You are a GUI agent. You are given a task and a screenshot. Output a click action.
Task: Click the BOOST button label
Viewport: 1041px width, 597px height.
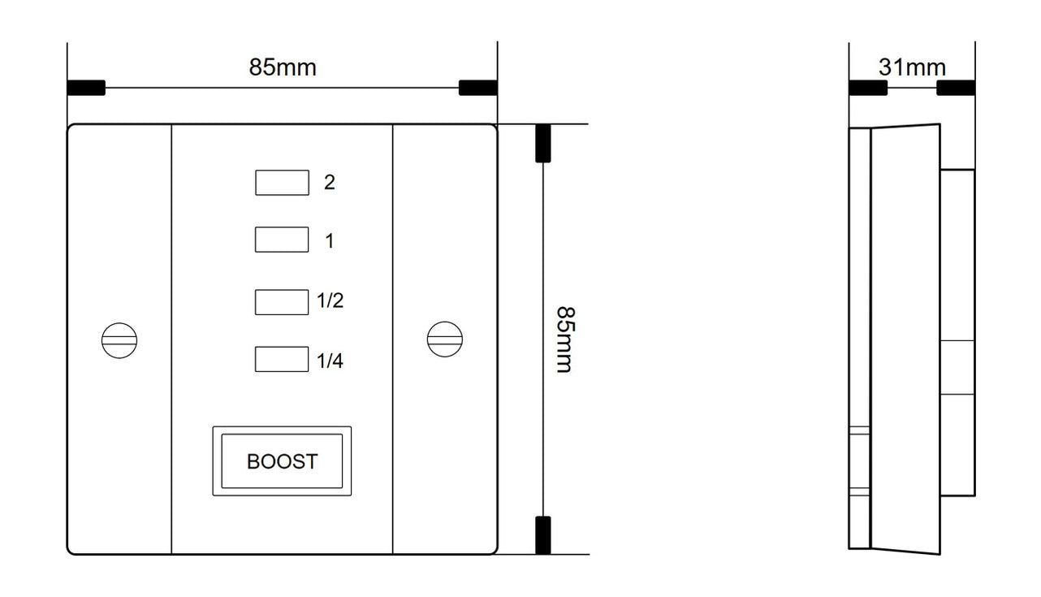(x=283, y=461)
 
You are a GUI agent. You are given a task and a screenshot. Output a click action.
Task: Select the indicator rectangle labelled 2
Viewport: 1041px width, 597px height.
(x=282, y=183)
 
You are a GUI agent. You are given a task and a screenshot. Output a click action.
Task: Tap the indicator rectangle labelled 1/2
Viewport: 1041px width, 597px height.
(x=282, y=302)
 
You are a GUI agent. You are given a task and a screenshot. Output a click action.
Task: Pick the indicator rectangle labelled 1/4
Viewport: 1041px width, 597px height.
(x=282, y=359)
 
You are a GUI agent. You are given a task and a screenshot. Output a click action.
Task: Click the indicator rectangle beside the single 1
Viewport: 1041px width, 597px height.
(x=282, y=240)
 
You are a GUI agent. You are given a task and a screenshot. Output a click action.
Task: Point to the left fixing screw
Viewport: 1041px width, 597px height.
(x=119, y=341)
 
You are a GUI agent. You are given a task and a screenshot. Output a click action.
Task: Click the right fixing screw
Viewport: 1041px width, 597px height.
(x=445, y=340)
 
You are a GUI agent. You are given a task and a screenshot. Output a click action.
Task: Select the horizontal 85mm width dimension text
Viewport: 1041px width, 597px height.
(x=283, y=67)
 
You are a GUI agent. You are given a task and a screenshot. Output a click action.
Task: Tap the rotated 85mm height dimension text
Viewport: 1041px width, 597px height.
(x=566, y=340)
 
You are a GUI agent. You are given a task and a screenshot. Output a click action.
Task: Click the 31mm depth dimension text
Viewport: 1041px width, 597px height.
(x=912, y=67)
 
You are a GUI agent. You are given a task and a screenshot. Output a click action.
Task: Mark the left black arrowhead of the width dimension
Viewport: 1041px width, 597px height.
(x=86, y=88)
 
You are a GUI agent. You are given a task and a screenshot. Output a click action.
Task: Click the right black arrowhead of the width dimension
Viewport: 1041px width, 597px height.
(x=478, y=88)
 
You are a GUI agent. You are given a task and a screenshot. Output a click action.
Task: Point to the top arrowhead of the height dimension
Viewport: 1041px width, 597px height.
(x=543, y=143)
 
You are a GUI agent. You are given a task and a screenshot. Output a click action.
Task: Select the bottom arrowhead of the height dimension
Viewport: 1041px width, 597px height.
(x=543, y=535)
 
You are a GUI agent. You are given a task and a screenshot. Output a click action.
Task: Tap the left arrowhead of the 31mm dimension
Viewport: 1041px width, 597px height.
(x=868, y=88)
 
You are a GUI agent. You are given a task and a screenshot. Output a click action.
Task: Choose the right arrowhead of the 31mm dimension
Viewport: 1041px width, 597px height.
(x=956, y=88)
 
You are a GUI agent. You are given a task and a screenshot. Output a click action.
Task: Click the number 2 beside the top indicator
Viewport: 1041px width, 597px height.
(x=330, y=182)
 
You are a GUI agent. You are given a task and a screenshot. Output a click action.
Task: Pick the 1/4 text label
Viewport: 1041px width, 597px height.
(x=330, y=361)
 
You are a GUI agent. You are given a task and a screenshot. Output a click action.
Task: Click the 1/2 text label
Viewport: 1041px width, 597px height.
(x=330, y=301)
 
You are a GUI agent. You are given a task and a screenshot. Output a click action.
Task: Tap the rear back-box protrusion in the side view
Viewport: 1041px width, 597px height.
(x=958, y=333)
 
